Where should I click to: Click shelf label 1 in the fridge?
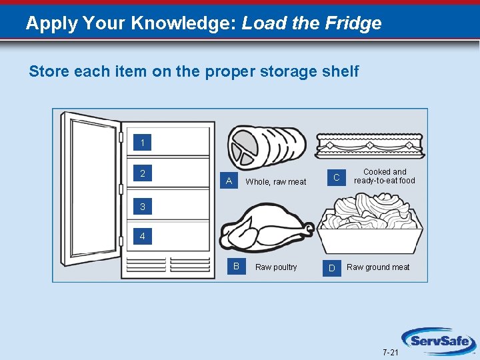pyautogui.click(x=142, y=143)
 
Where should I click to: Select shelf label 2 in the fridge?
pyautogui.click(x=142, y=174)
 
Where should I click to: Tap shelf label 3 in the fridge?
pyautogui.click(x=142, y=207)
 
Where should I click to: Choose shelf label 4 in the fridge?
pyautogui.click(x=142, y=236)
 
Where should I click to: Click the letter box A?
pyautogui.click(x=229, y=181)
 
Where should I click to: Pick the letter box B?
pyautogui.click(x=236, y=267)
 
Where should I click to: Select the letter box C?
pyautogui.click(x=337, y=177)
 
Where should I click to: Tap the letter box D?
pyautogui.click(x=332, y=268)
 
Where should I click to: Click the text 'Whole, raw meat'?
pyautogui.click(x=276, y=182)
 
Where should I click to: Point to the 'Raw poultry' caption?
pyautogui.click(x=276, y=267)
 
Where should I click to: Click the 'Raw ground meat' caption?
pyautogui.click(x=378, y=267)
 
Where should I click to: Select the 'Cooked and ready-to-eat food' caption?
pyautogui.click(x=384, y=176)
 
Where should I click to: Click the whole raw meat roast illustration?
pyautogui.click(x=267, y=145)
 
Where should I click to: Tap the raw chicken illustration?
pyautogui.click(x=265, y=227)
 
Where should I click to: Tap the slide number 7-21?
pyautogui.click(x=391, y=351)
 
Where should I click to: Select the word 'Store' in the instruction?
pyautogui.click(x=46, y=71)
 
